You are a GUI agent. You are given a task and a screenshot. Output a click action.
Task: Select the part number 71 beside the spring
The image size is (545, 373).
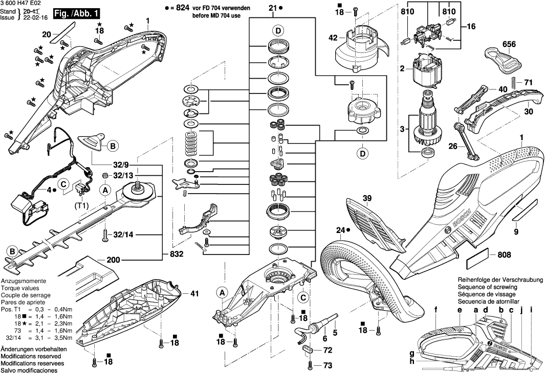[528, 82]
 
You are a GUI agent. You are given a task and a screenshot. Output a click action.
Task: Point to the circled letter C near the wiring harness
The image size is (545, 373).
[63, 184]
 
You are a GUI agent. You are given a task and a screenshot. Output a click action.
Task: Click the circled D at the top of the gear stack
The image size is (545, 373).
[277, 31]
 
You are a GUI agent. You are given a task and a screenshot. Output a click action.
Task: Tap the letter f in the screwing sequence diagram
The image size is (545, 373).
[436, 309]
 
